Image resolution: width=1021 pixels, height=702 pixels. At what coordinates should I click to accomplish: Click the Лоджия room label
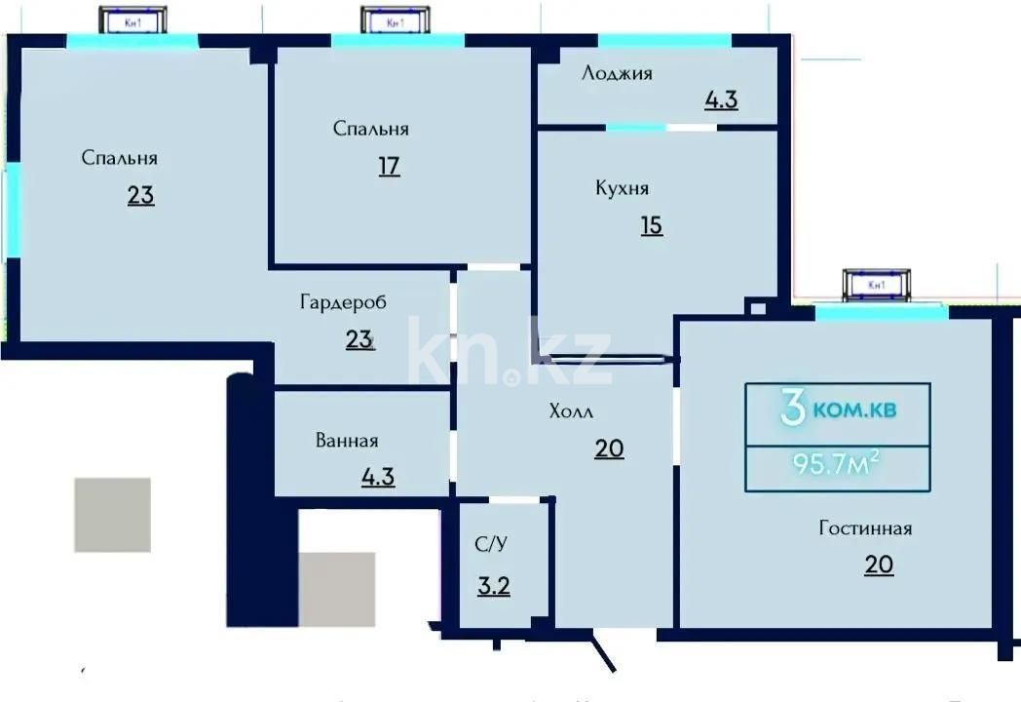pos(617,73)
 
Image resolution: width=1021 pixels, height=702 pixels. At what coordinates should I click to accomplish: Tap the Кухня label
pos(622,188)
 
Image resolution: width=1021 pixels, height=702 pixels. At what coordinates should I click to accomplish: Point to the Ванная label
pos(346,441)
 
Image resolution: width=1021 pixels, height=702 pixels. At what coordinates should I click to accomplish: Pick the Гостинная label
pos(865,528)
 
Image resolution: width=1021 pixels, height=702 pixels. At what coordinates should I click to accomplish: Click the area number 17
pos(390,166)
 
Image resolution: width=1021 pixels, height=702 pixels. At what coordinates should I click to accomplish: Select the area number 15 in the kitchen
pos(651,225)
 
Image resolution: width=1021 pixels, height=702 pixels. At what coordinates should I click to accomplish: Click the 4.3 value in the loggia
pos(721,99)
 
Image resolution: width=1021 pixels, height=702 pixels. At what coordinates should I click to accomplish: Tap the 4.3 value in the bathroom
pos(377,478)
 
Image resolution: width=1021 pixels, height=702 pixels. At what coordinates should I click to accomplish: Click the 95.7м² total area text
pos(837,463)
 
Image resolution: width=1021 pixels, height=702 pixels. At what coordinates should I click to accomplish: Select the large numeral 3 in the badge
pos(793,410)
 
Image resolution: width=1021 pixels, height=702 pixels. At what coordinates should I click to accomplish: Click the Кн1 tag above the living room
pos(877,284)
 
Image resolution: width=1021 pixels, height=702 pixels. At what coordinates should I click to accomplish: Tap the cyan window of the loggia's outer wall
pos(663,40)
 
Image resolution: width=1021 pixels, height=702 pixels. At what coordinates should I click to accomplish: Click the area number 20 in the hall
pos(609,448)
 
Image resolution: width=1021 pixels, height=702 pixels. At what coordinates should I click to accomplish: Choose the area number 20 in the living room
pos(879,565)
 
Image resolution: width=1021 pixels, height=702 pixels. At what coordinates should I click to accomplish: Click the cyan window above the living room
pos(881,313)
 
